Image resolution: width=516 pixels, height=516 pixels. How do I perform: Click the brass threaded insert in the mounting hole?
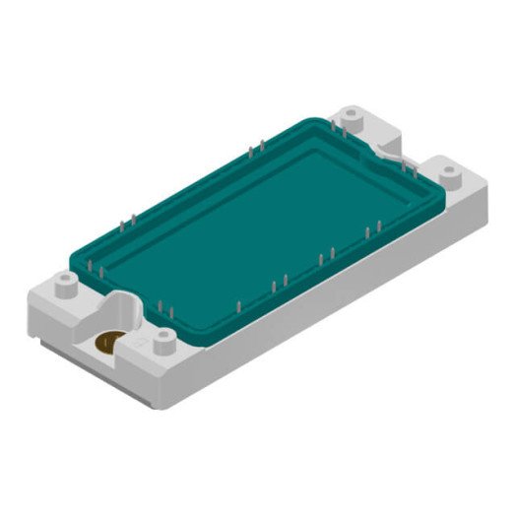(107, 342)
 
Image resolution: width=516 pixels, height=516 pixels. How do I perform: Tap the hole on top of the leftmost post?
(67, 278)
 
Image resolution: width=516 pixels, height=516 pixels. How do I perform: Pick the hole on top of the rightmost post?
(448, 169)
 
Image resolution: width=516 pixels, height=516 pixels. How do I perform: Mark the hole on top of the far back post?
(352, 111)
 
